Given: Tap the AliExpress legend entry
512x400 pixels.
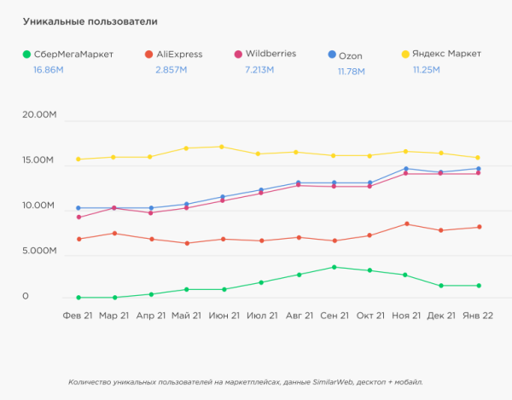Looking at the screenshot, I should [173, 55].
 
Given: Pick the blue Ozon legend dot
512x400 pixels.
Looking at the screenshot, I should [331, 55].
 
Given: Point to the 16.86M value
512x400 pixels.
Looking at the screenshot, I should [49, 70].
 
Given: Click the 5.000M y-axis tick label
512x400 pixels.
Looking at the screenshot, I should [39, 252].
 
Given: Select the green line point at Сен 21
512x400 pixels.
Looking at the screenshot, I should [334, 267].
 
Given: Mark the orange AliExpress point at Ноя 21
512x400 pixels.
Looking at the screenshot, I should [406, 223].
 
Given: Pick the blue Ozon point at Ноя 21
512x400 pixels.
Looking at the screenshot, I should [406, 169].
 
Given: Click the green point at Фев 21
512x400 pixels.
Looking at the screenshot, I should [79, 298].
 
